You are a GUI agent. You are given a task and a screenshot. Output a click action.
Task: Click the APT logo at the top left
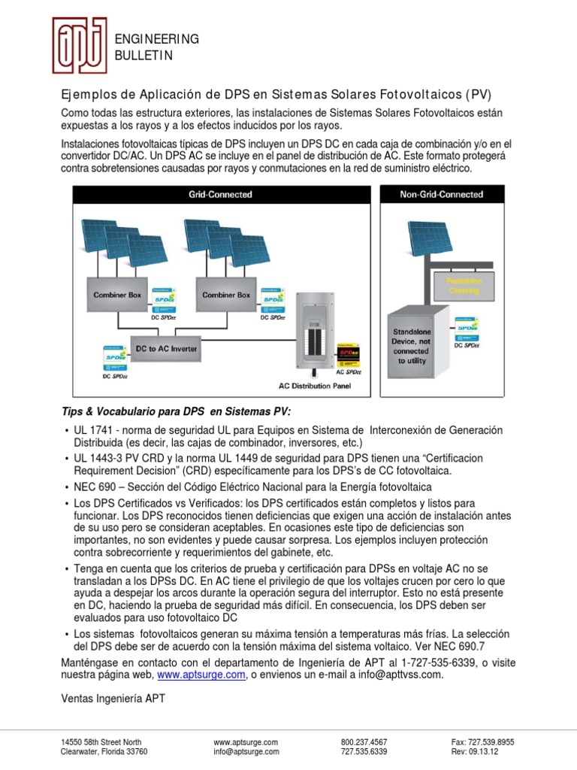pos(79,45)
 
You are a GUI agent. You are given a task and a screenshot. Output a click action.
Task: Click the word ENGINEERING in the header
pos(156,39)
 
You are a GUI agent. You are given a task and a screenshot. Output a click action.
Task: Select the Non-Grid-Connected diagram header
pos(442,195)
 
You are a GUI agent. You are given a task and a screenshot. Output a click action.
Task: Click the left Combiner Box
pos(117,296)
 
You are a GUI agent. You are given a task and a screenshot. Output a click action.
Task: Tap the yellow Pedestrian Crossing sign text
pos(464,286)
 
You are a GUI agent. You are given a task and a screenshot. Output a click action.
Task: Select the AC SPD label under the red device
pos(349,371)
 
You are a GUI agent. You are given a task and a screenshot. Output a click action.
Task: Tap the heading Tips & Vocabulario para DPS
pos(174,411)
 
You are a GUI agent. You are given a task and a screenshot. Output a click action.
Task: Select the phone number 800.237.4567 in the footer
pos(364,741)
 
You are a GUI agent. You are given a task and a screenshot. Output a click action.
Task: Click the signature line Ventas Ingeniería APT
pos(113,699)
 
